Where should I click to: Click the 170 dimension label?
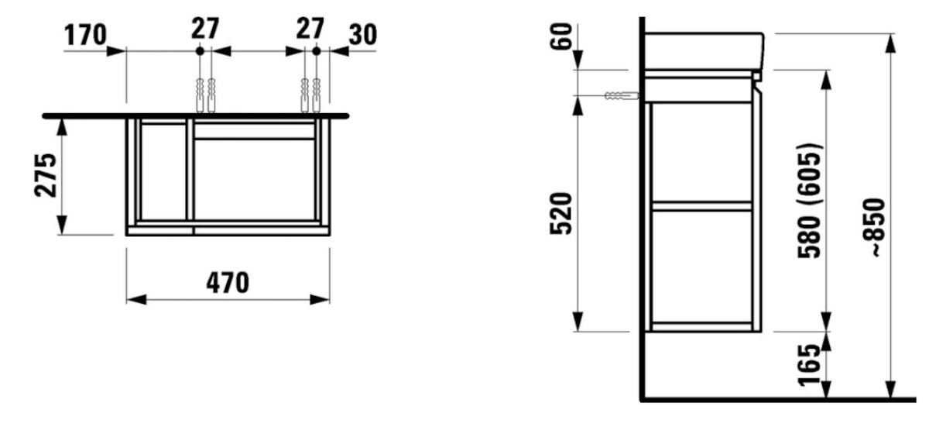pyautogui.click(x=85, y=35)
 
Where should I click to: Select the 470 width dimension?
pyautogui.click(x=228, y=283)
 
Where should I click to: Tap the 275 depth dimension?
pyautogui.click(x=46, y=175)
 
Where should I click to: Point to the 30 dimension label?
pyautogui.click(x=363, y=35)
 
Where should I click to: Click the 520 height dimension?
pyautogui.click(x=560, y=214)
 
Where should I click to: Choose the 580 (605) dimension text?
pyautogui.click(x=809, y=201)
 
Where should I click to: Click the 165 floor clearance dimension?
pyautogui.click(x=809, y=365)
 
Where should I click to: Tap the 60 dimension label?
pyautogui.click(x=560, y=36)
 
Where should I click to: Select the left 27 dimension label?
pyautogui.click(x=205, y=29)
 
